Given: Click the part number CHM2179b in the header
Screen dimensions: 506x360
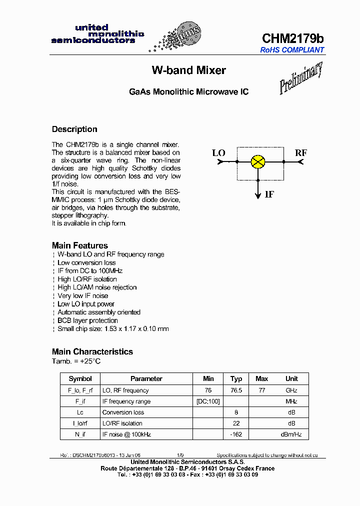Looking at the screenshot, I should pyautogui.click(x=293, y=38).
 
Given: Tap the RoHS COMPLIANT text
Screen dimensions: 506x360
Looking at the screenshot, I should pyautogui.click(x=292, y=50).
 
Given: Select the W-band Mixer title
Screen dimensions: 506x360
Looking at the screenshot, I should pyautogui.click(x=188, y=70).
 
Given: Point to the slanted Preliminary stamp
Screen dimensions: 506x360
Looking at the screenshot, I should pyautogui.click(x=300, y=78).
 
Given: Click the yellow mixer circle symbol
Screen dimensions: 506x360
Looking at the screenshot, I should pyautogui.click(x=258, y=161).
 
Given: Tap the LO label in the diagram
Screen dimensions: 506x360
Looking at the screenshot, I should pyautogui.click(x=219, y=153).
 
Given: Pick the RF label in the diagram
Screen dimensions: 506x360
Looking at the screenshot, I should pyautogui.click(x=300, y=153).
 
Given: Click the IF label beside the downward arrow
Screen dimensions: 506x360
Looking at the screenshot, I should pyautogui.click(x=269, y=194).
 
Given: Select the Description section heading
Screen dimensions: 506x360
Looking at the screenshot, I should pyautogui.click(x=74, y=129).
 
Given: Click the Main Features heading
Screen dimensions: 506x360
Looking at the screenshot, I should pyautogui.click(x=79, y=245).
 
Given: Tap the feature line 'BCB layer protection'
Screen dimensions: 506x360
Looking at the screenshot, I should pyautogui.click(x=87, y=320).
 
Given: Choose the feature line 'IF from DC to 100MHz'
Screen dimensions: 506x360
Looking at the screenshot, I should pyautogui.click(x=90, y=271).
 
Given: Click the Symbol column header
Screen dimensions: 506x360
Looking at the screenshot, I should pyautogui.click(x=80, y=379).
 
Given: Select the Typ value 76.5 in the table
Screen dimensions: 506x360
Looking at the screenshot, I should pyautogui.click(x=236, y=390).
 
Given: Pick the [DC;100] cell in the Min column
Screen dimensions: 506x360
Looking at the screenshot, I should pyautogui.click(x=208, y=401).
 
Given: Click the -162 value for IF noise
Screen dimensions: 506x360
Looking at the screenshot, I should pyautogui.click(x=236, y=434).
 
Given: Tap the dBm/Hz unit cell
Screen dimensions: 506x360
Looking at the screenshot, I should pyautogui.click(x=291, y=434).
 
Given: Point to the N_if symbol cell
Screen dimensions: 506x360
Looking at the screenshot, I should pyautogui.click(x=80, y=434).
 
